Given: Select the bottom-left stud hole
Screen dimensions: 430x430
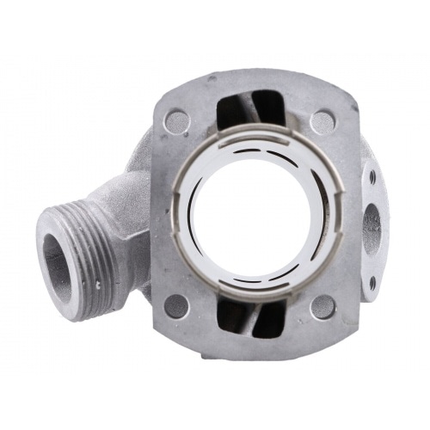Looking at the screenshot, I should click(x=176, y=305).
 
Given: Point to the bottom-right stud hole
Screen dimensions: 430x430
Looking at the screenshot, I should click(x=322, y=305).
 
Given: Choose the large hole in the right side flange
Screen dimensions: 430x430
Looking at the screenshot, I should click(x=372, y=228).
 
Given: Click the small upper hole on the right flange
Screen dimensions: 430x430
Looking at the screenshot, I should click(x=372, y=177).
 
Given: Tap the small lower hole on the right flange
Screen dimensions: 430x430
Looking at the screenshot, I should click(x=372, y=280).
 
